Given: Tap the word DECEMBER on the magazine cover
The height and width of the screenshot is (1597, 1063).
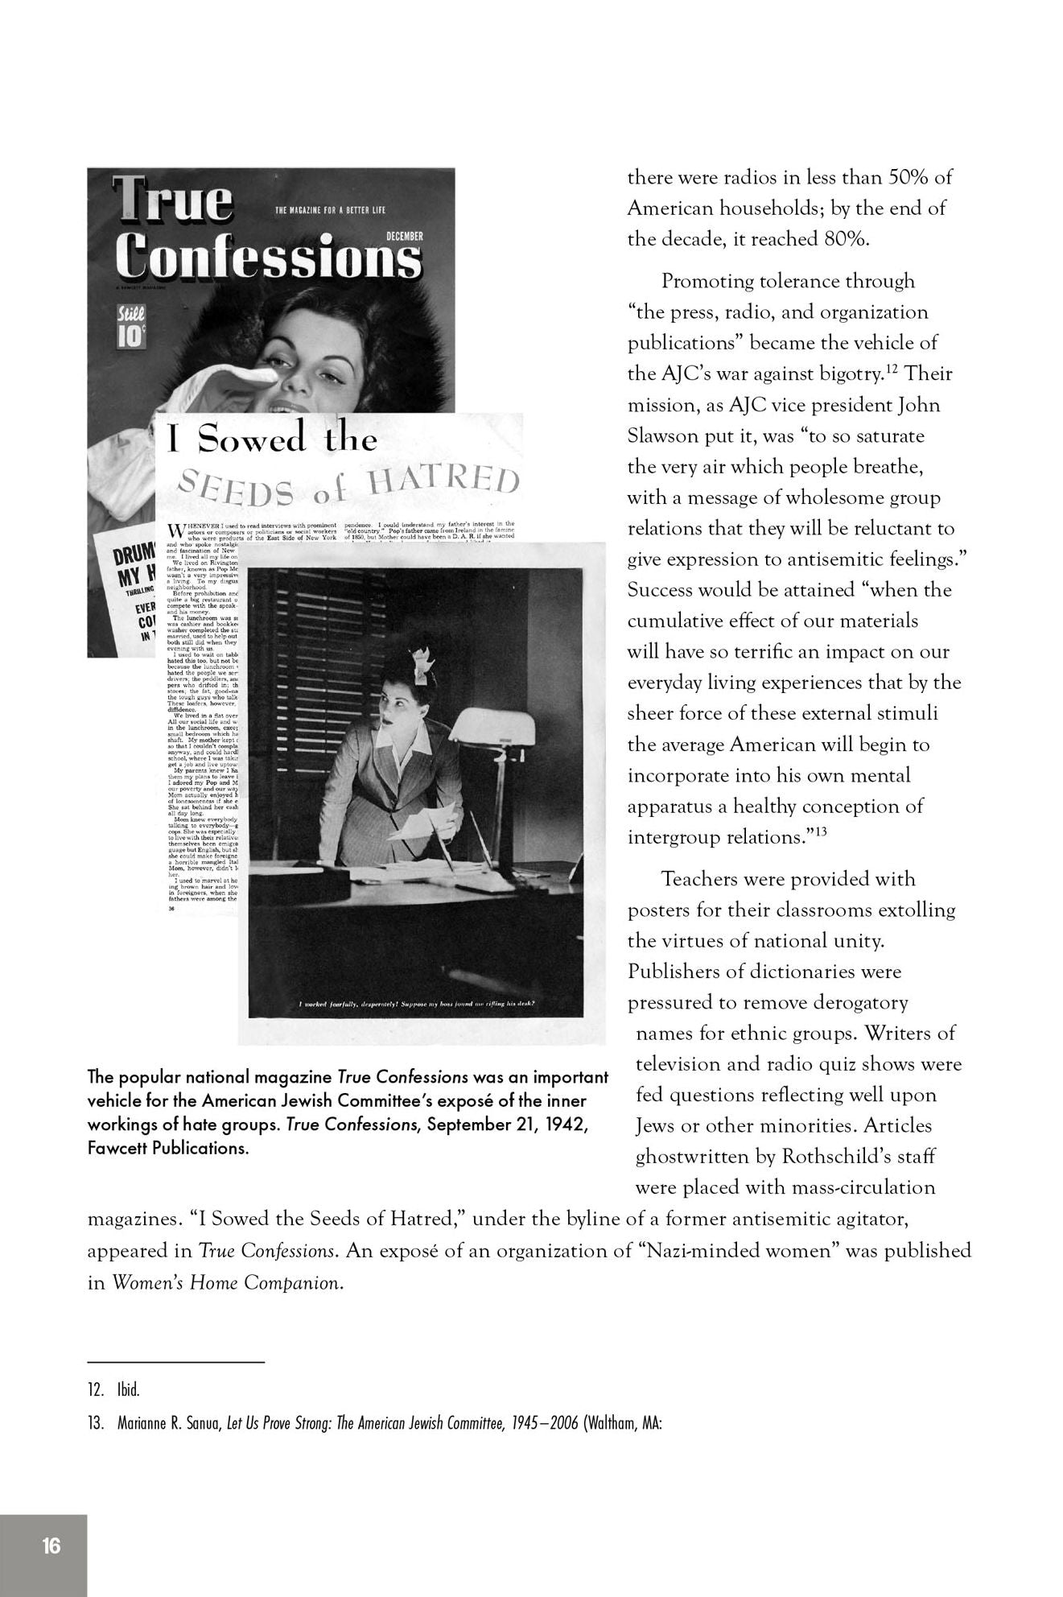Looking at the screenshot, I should [404, 236].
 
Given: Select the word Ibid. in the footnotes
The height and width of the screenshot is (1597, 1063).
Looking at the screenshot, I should [129, 1389].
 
